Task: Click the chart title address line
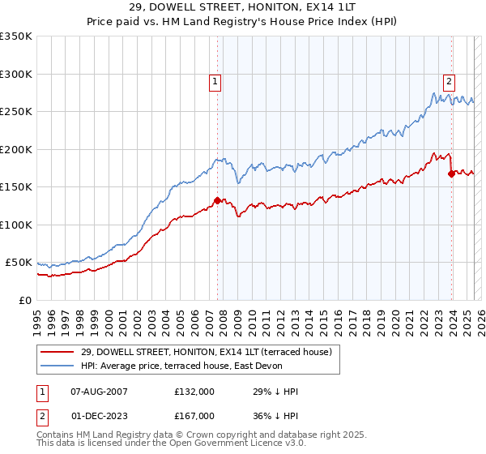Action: pos(243,8)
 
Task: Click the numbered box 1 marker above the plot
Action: pos(215,80)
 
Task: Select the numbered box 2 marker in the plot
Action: pos(449,80)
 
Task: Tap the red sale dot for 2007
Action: pos(217,200)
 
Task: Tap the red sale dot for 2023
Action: pos(451,173)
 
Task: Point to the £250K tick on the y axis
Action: pos(16,112)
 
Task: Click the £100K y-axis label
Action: pos(16,225)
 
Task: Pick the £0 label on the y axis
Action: pos(25,300)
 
